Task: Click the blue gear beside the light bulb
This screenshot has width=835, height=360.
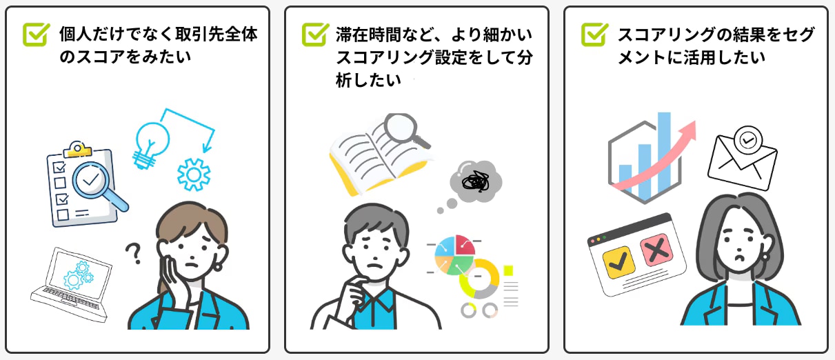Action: [194, 174]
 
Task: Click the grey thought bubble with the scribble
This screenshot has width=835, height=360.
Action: [475, 181]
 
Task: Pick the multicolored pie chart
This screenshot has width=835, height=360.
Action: [454, 254]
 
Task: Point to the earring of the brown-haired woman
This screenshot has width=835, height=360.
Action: [219, 265]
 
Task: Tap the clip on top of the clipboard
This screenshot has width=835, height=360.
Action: [78, 149]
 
